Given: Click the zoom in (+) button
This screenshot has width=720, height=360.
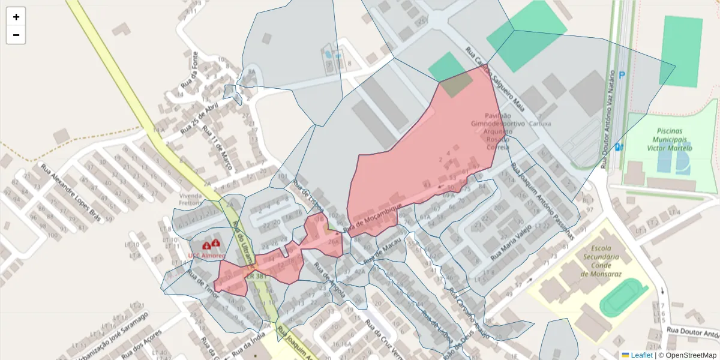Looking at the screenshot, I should pos(16,17).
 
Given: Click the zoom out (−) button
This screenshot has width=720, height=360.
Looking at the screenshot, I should pos(16,35).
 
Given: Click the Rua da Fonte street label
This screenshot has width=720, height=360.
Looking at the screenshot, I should pos(191,68).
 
